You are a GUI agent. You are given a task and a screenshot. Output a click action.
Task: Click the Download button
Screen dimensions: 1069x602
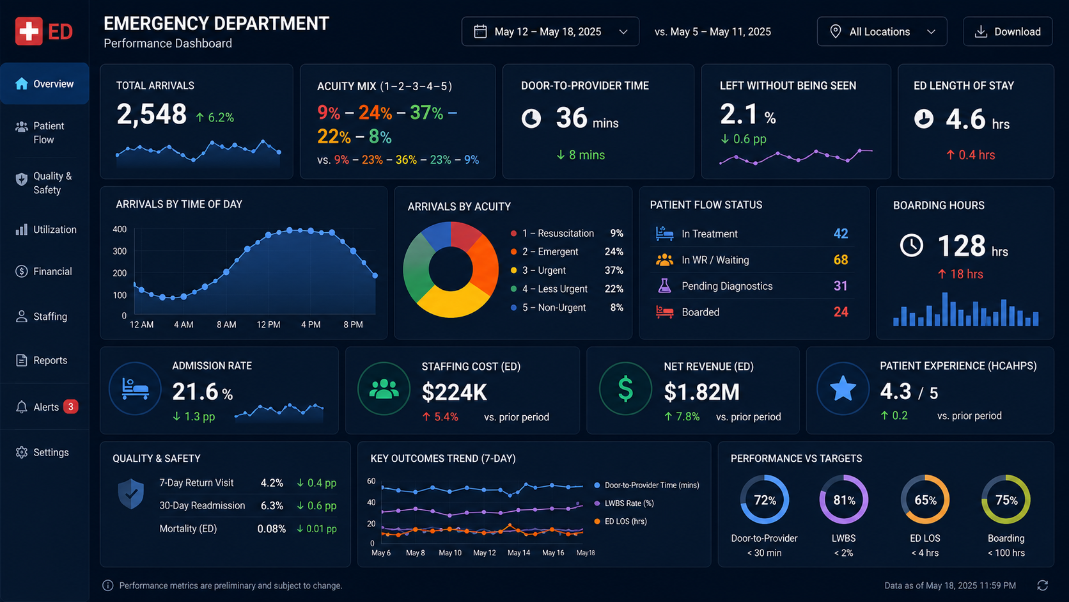pyautogui.click(x=1008, y=31)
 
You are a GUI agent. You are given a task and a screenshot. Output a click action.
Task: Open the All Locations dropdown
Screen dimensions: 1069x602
pyautogui.click(x=882, y=31)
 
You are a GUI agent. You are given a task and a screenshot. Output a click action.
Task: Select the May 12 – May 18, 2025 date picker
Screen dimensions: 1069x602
pyautogui.click(x=550, y=31)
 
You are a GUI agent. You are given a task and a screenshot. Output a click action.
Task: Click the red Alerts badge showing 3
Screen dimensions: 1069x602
pyautogui.click(x=70, y=407)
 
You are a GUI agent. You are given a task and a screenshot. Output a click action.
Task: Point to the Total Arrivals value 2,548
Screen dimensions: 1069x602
pyautogui.click(x=152, y=115)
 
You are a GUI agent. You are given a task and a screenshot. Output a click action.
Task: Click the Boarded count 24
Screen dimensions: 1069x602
pyautogui.click(x=841, y=312)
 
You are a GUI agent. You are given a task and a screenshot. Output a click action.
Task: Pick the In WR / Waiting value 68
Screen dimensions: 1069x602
pyautogui.click(x=841, y=260)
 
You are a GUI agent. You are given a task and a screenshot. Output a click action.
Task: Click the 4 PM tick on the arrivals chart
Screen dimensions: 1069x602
pyautogui.click(x=311, y=324)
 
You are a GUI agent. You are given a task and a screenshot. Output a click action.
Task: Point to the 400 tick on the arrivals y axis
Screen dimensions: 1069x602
pyautogui.click(x=120, y=229)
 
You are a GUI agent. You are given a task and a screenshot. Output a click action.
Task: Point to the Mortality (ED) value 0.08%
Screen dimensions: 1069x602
pyautogui.click(x=272, y=529)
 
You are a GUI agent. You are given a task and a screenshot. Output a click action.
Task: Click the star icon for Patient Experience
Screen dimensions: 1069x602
pyautogui.click(x=843, y=388)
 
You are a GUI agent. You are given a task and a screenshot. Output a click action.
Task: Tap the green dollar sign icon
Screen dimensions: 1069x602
pyautogui.click(x=625, y=388)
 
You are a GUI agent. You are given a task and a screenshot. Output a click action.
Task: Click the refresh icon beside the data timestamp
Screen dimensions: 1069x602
pyautogui.click(x=1043, y=586)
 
